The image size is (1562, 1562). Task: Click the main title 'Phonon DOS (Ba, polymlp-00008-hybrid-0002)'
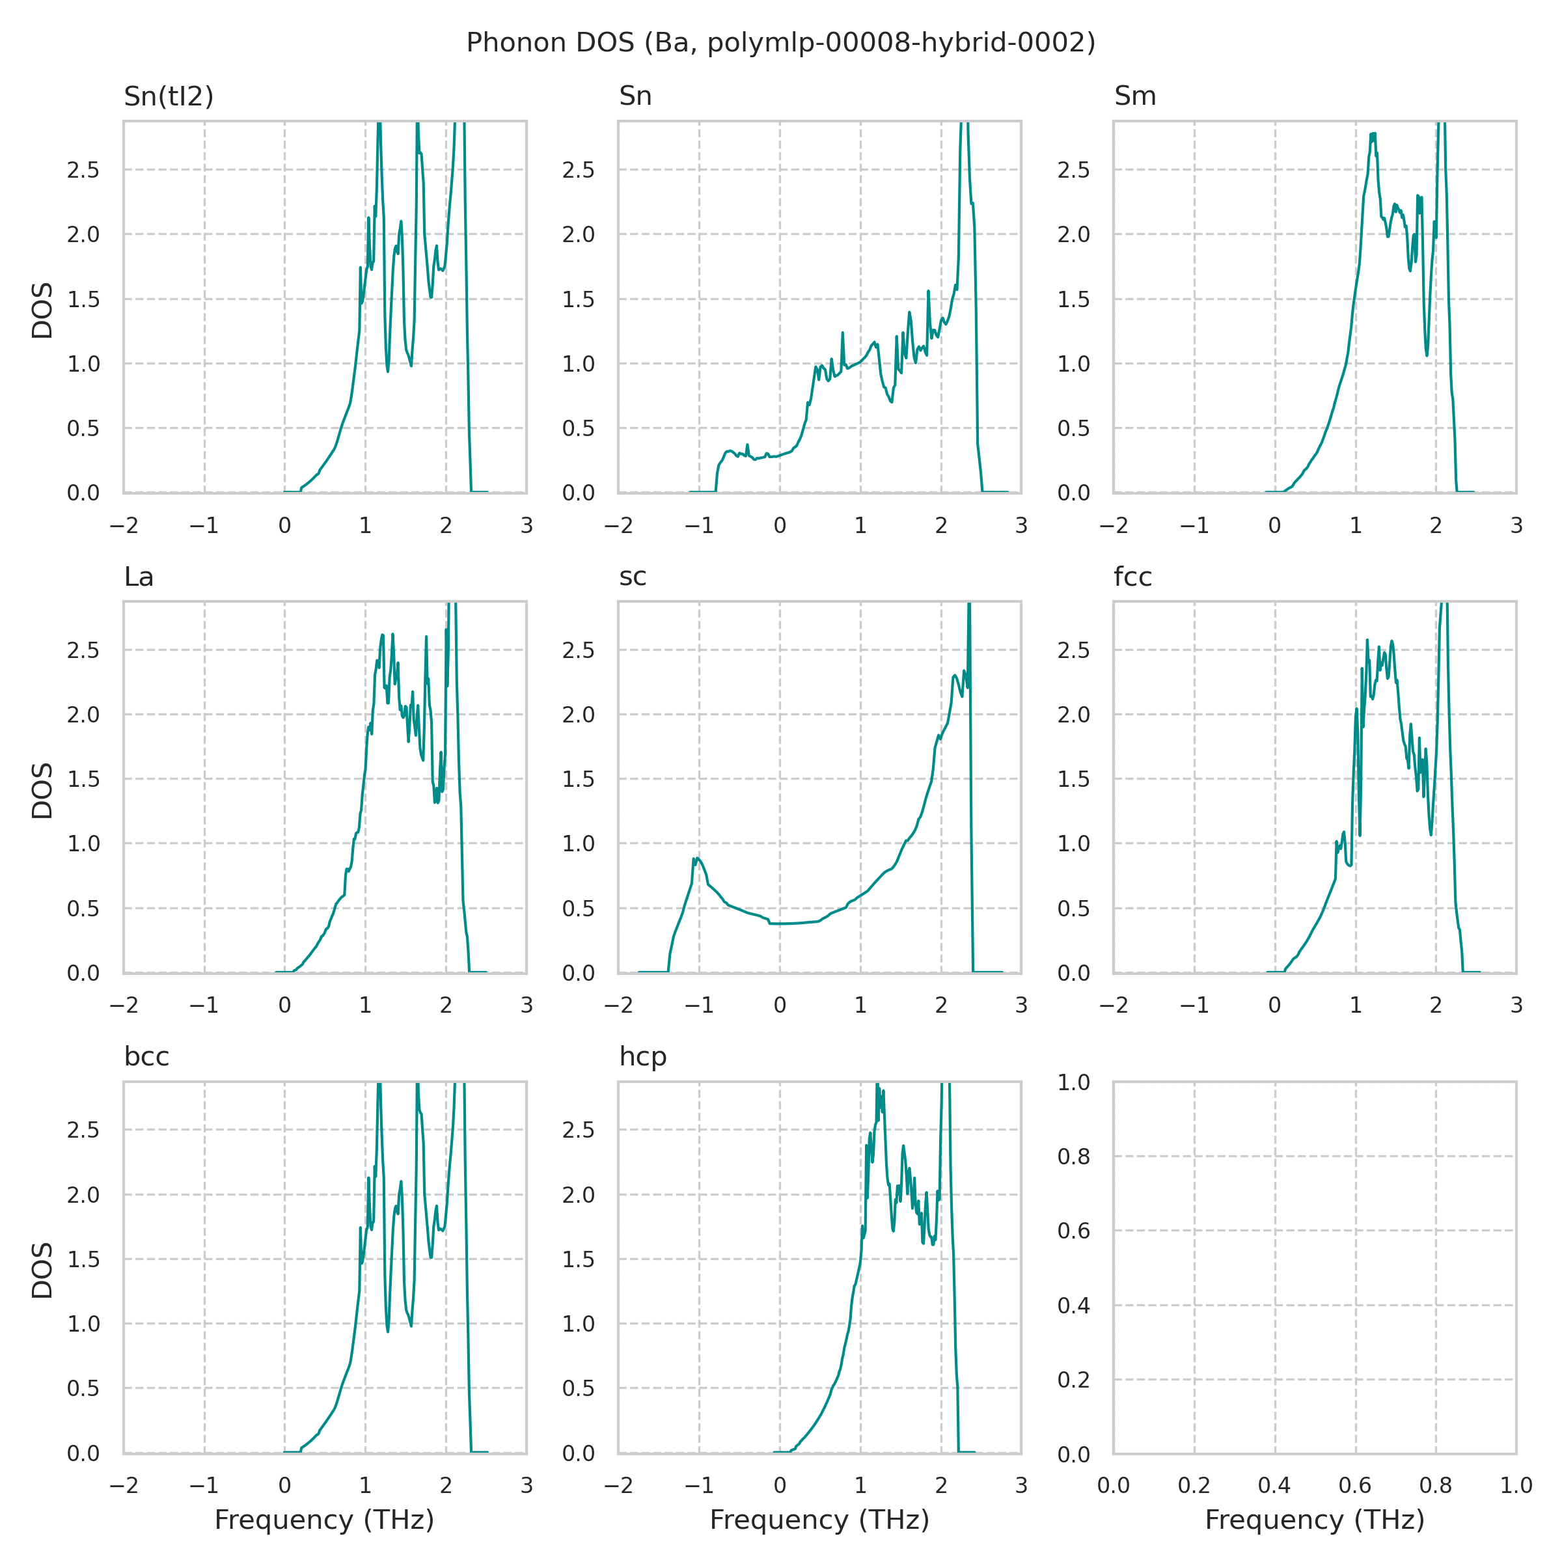coord(780,43)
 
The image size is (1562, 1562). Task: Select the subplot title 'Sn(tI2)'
coord(168,96)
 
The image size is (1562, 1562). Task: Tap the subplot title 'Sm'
coord(1134,96)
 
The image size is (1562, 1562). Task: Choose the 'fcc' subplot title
coord(1132,577)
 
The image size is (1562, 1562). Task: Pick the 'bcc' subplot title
coord(146,1057)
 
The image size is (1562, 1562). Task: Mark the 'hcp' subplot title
coord(643,1057)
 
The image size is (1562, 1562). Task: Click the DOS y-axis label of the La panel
coord(42,790)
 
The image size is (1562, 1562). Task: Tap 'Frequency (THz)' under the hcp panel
coord(819,1520)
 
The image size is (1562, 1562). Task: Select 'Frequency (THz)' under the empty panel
coord(1315,1520)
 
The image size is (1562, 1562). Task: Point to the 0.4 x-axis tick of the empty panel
coord(1274,1485)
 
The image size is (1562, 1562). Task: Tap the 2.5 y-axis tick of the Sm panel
coord(1074,171)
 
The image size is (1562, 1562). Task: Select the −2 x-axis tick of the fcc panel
coord(1114,1005)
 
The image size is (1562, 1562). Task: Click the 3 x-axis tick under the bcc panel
coord(527,1485)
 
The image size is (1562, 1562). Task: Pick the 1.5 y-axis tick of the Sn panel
coord(578,300)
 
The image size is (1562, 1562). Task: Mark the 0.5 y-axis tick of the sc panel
coord(578,909)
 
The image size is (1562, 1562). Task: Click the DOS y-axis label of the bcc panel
coord(42,1270)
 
